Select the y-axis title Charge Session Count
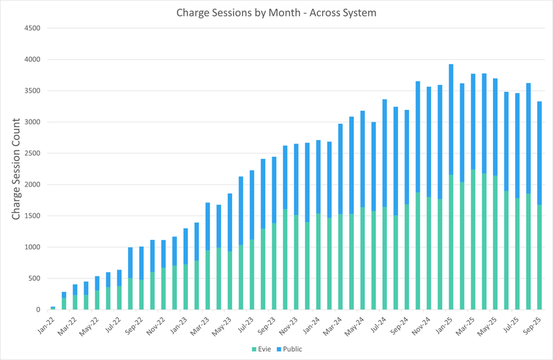(x=16, y=169)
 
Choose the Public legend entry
(x=288, y=349)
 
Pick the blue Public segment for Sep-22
(x=141, y=297)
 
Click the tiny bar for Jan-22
(x=53, y=308)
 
